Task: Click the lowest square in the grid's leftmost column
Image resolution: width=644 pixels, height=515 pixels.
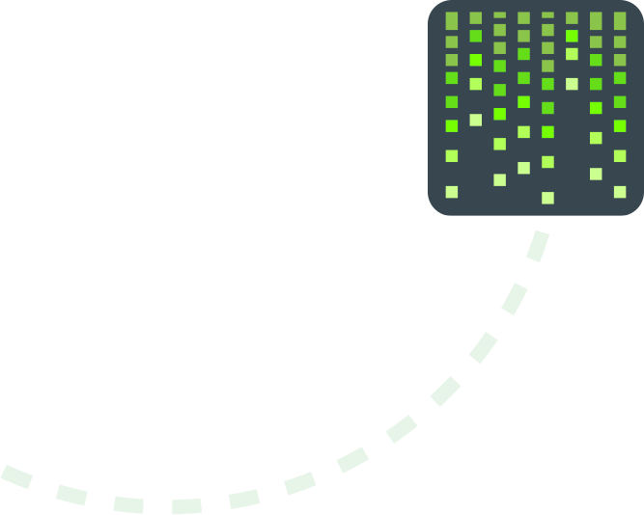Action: click(452, 192)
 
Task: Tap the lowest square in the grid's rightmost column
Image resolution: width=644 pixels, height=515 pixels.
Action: click(620, 192)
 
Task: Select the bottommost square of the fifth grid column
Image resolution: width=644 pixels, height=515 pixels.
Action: click(547, 198)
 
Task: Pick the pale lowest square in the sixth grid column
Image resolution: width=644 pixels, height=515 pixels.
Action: click(572, 84)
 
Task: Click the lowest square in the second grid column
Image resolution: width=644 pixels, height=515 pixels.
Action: click(476, 121)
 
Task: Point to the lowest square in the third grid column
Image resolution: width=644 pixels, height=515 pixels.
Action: click(500, 179)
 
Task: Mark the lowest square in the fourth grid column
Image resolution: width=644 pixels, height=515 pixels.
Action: click(523, 168)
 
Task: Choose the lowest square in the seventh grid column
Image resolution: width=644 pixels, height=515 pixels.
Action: click(596, 174)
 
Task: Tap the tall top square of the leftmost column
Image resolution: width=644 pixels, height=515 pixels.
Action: click(452, 20)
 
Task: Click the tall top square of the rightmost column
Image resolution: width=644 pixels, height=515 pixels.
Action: click(620, 20)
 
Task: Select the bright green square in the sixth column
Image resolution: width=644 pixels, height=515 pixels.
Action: click(572, 36)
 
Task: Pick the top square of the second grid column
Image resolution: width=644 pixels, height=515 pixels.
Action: click(476, 17)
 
